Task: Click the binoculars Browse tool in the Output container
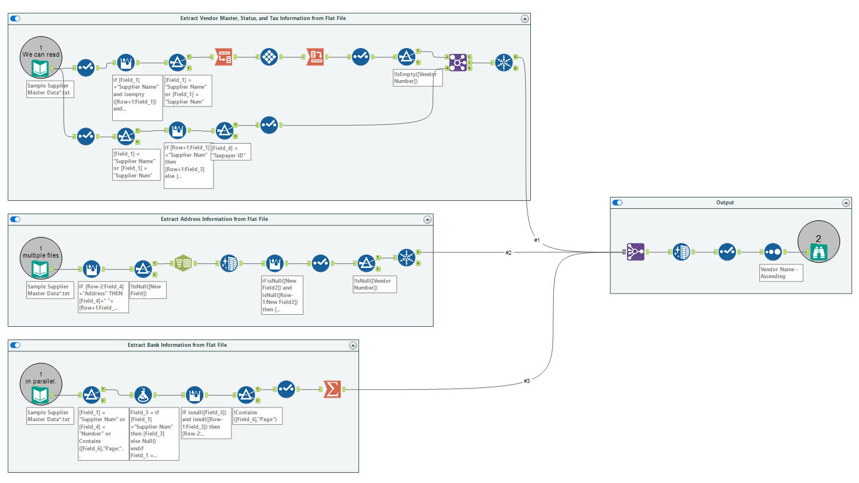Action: [819, 252]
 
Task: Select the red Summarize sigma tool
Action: [332, 389]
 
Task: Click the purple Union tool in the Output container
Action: [636, 252]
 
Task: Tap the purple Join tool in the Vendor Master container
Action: [458, 62]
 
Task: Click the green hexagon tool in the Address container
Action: [183, 263]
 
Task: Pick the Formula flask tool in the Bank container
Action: [143, 395]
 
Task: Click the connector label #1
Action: [537, 240]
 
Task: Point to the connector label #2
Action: [509, 252]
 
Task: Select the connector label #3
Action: [527, 381]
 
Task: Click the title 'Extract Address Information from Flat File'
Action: [214, 219]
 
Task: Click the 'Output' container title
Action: [725, 203]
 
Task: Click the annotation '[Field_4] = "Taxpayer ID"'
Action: [230, 152]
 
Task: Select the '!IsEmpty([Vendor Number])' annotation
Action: [417, 78]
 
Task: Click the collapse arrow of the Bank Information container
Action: [353, 345]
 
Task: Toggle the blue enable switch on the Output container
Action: [617, 203]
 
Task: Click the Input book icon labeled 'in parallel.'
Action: [40, 395]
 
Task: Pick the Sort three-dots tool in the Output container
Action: [773, 252]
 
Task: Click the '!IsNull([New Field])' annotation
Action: [148, 290]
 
